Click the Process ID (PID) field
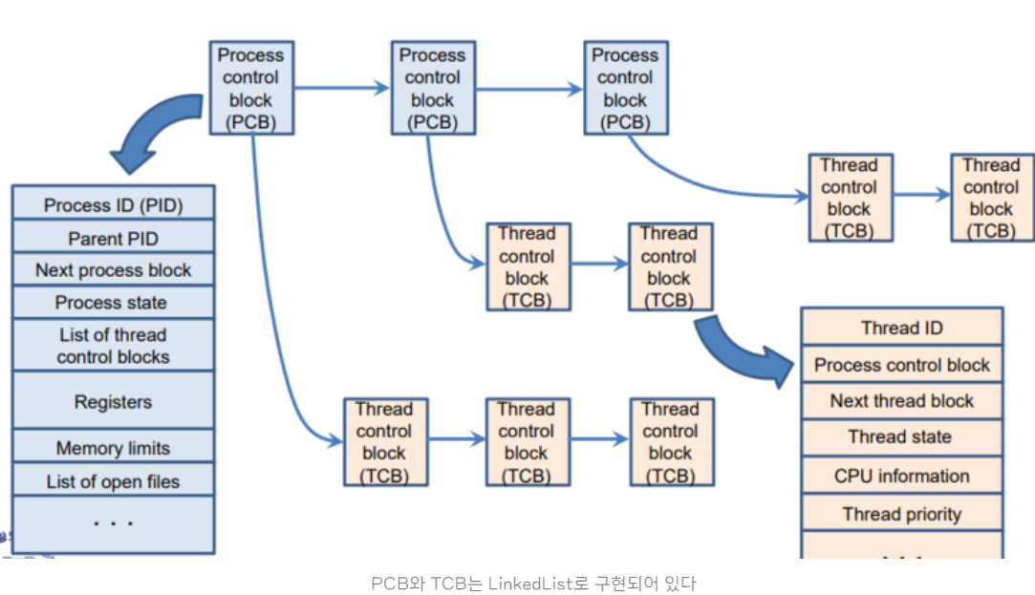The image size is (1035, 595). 113,205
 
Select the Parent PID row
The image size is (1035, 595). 113,238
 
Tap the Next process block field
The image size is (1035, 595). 113,270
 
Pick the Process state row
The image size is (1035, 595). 113,303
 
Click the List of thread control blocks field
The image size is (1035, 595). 113,346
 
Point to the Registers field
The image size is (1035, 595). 113,402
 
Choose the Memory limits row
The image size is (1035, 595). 113,448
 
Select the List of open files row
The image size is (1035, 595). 113,481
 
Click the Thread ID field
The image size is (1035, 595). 901,328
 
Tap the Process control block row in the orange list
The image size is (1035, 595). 901,365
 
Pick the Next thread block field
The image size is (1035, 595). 901,401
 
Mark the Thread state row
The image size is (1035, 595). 901,437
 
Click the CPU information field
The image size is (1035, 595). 901,476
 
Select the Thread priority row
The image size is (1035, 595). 901,514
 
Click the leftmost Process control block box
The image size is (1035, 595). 251,88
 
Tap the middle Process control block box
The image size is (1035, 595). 433,88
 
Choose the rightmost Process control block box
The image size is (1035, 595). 625,88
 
